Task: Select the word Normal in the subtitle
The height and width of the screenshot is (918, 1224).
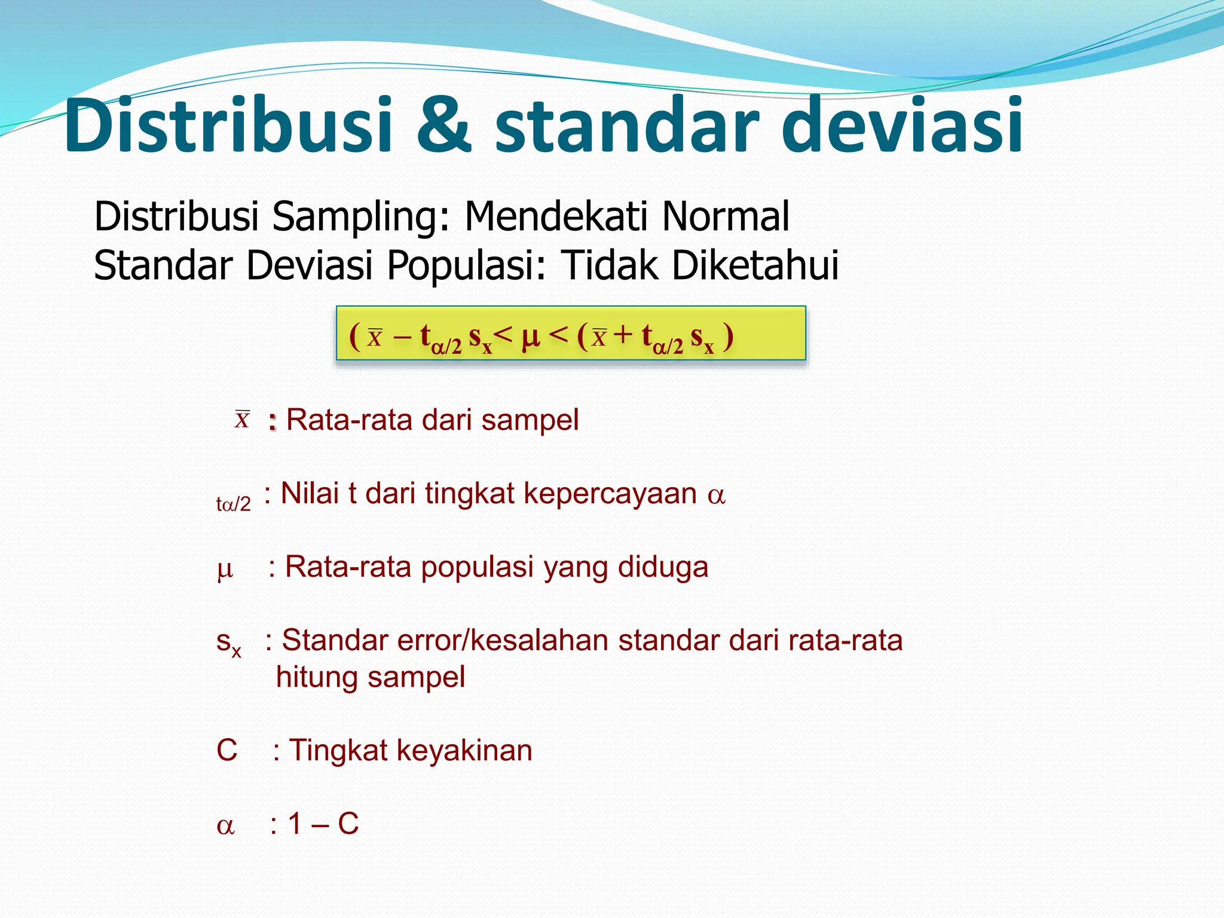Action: coord(726,216)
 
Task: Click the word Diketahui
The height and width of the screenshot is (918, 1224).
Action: coord(755,265)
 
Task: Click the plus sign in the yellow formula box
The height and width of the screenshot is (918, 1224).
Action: coord(622,335)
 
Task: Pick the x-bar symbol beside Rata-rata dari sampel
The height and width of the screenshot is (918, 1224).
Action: coord(242,420)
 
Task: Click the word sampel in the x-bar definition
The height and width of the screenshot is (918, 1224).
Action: coord(530,420)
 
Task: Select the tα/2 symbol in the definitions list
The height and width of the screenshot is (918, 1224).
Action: coord(233,504)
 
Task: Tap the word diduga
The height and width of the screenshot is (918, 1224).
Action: coord(663,567)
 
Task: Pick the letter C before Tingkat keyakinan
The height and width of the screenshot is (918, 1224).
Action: coord(227,750)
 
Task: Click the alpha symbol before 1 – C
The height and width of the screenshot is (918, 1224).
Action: coord(225,826)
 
